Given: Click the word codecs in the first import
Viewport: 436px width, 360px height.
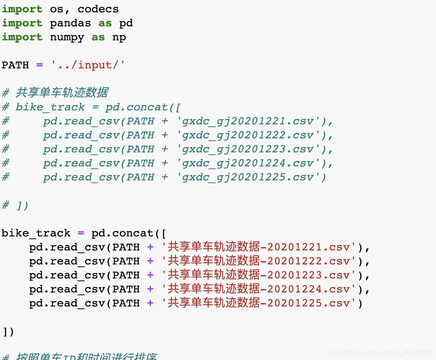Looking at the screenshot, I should (98, 9).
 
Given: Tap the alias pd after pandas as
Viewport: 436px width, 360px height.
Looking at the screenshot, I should (126, 23).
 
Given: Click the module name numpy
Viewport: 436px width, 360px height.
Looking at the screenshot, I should (67, 37).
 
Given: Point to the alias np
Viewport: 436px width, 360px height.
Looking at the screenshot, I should (119, 37).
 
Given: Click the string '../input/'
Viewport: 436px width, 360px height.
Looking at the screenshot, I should (87, 65).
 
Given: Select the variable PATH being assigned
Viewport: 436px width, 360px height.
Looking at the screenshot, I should (15, 65).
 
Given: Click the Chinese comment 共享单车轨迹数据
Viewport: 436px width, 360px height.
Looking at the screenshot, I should (62, 93).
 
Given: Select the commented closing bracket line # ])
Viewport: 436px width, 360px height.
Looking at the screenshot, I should (15, 205).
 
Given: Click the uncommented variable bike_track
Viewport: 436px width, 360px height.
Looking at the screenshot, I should (36, 233).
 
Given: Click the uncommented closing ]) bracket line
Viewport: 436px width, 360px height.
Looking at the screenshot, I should (8, 332).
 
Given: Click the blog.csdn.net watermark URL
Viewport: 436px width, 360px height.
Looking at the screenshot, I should (381, 353).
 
